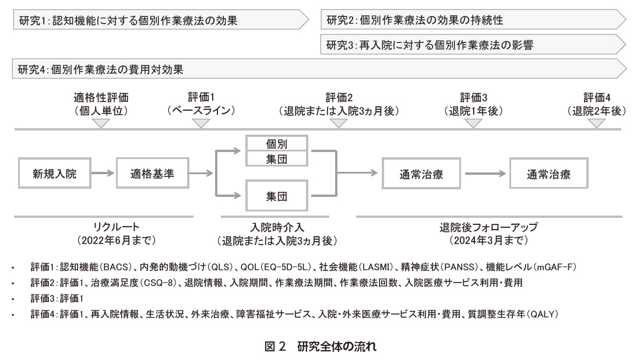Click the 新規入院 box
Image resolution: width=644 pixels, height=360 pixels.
pos(55,173)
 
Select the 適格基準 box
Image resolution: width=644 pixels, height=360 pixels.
pos(152,173)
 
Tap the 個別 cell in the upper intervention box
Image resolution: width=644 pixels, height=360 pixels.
pos(276,144)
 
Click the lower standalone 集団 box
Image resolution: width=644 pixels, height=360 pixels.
pos(276,196)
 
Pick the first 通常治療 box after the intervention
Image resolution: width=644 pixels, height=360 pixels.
pos(421,174)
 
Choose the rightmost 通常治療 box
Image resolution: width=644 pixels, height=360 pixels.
pos(549,174)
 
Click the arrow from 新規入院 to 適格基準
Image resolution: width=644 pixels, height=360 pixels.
pos(103,173)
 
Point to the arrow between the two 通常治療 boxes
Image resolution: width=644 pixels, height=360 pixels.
pos(485,174)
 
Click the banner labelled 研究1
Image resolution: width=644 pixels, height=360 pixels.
pos(161,20)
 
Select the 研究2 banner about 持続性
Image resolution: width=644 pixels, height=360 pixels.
pos(474,19)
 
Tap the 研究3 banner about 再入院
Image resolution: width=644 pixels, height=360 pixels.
pos(474,44)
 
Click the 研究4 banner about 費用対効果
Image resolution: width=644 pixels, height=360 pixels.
pos(319,69)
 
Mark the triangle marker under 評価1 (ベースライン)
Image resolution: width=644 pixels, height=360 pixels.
pos(201,123)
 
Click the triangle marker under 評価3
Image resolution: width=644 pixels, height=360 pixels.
pos(473,123)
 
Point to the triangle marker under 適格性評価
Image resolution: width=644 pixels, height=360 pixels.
pos(101,123)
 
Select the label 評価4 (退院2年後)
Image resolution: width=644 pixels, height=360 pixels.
pos(597,104)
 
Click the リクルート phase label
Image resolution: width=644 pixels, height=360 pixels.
pos(117,234)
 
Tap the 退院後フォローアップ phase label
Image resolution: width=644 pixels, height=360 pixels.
pos(489,234)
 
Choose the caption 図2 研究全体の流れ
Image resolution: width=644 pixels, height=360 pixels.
pos(321,347)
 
